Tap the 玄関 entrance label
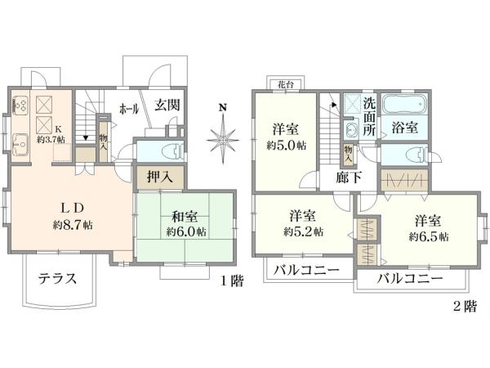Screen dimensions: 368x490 [167, 105]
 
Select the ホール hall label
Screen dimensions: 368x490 [128, 108]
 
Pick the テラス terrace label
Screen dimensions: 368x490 [57, 278]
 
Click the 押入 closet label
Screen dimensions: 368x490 [158, 176]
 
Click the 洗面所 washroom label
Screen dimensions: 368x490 [370, 116]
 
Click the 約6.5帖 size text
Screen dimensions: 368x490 [428, 237]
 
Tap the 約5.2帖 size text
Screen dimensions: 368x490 [303, 231]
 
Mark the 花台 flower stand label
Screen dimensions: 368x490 [284, 84]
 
